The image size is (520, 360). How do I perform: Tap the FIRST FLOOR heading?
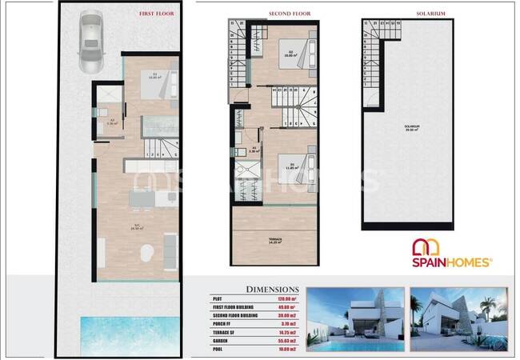[157, 14]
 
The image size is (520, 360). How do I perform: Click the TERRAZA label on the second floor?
[279, 239]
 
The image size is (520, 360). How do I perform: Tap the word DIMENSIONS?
[274, 290]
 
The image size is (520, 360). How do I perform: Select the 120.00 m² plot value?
[286, 298]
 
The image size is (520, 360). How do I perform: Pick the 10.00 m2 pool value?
[286, 349]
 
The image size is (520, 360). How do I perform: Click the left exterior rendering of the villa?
[355, 319]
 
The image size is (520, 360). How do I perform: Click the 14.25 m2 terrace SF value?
[286, 332]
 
